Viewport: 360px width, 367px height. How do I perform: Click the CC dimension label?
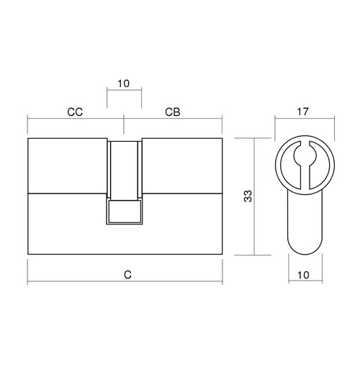tap(75, 112)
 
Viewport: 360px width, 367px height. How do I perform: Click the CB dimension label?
tap(173, 112)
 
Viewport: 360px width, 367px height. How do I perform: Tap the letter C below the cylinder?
tap(127, 275)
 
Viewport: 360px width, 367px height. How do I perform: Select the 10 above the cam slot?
tap(123, 83)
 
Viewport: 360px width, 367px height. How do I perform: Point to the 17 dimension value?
tap(302, 112)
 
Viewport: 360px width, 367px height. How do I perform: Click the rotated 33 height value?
tap(248, 196)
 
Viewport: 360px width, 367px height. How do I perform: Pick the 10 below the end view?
tap(303, 275)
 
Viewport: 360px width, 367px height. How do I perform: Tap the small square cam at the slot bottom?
tap(125, 211)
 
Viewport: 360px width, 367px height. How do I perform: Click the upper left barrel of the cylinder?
tap(68, 166)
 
